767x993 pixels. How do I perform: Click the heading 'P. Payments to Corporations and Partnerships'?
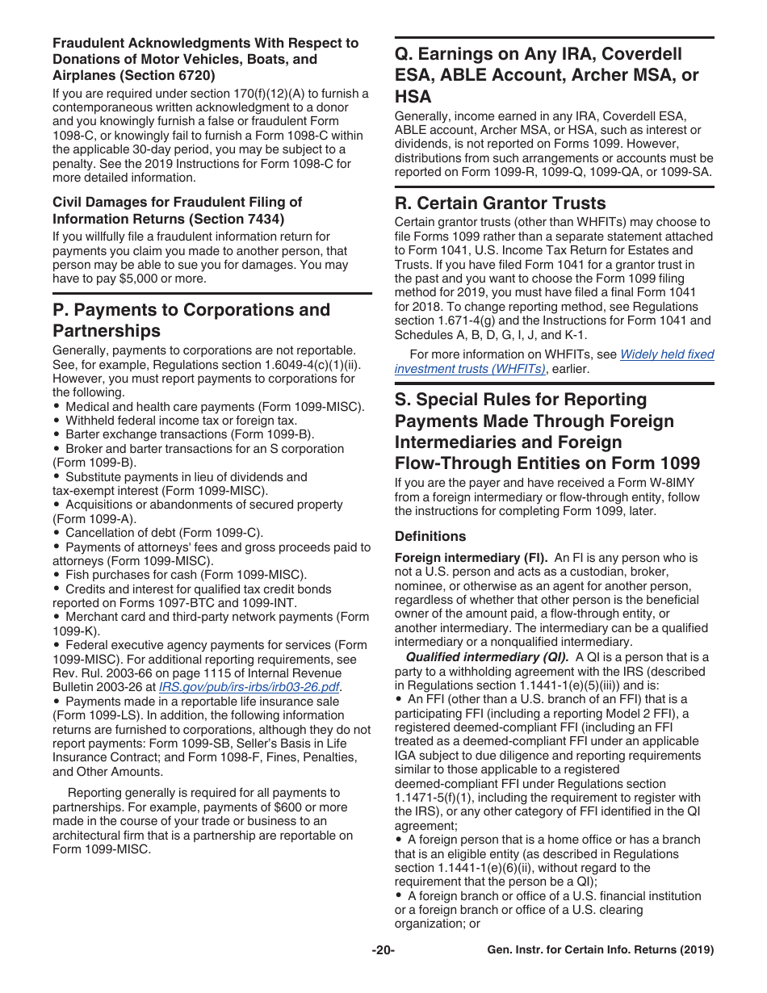point(191,321)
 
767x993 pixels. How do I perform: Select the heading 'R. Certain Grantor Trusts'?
point(500,203)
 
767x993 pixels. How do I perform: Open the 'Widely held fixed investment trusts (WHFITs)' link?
point(554,362)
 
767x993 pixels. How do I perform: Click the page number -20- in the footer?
point(383,950)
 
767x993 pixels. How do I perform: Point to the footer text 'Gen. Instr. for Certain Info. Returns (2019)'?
point(601,950)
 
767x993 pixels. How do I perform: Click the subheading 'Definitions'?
point(430,536)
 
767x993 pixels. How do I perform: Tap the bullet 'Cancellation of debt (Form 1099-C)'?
point(164,533)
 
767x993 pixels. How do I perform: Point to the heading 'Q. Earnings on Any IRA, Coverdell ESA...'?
point(547,75)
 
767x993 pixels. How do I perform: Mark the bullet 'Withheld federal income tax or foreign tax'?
point(181,421)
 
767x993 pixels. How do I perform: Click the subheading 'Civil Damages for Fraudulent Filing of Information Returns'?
point(177,210)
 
